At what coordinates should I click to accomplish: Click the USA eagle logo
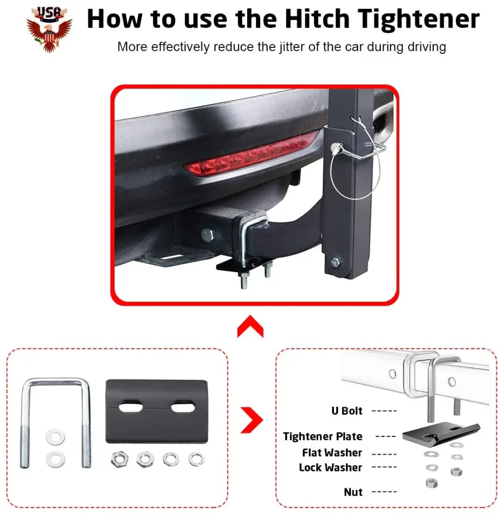point(49,29)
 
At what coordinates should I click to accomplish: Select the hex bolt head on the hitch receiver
point(208,235)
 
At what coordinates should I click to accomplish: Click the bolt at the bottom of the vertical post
point(336,262)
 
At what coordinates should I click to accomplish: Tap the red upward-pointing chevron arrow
point(250,326)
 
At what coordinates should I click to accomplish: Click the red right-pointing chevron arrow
point(252,420)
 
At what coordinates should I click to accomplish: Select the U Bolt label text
point(347,411)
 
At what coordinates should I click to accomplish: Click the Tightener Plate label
point(323,436)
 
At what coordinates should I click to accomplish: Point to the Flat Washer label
point(332,453)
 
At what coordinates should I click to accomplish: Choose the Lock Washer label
point(330,467)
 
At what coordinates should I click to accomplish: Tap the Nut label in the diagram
point(353,492)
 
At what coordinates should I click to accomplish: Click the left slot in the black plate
point(131,408)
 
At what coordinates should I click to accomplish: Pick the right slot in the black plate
point(183,408)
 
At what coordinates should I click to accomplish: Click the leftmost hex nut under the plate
point(120,459)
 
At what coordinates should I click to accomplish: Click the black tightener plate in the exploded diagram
point(441,432)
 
